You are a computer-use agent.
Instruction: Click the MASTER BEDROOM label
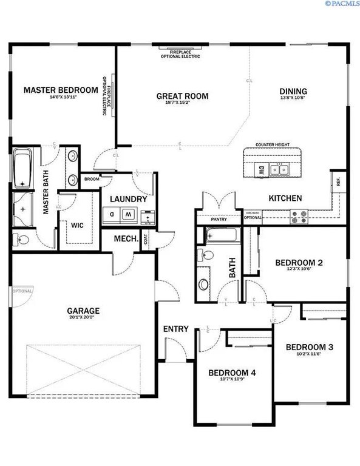(61, 90)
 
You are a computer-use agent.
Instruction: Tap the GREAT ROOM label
(182, 96)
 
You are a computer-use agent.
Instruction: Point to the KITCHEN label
(285, 198)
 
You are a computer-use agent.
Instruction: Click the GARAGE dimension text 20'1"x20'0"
(83, 317)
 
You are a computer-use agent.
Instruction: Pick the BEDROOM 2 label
(298, 263)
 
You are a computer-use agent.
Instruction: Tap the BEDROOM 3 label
(310, 347)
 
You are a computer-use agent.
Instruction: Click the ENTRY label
(176, 329)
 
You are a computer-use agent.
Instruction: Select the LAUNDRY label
(129, 199)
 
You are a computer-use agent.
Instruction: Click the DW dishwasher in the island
(260, 171)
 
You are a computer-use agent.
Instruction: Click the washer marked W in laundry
(129, 214)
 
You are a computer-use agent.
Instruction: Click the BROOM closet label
(92, 179)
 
